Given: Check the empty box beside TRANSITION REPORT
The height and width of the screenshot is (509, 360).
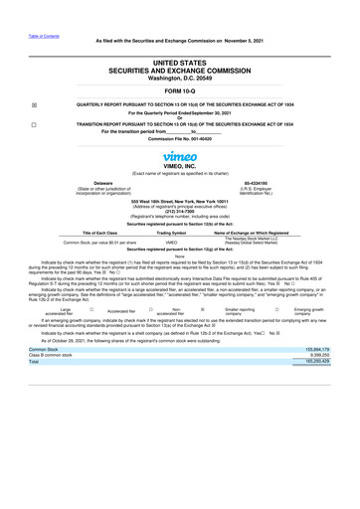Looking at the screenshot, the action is [x=34, y=125].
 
